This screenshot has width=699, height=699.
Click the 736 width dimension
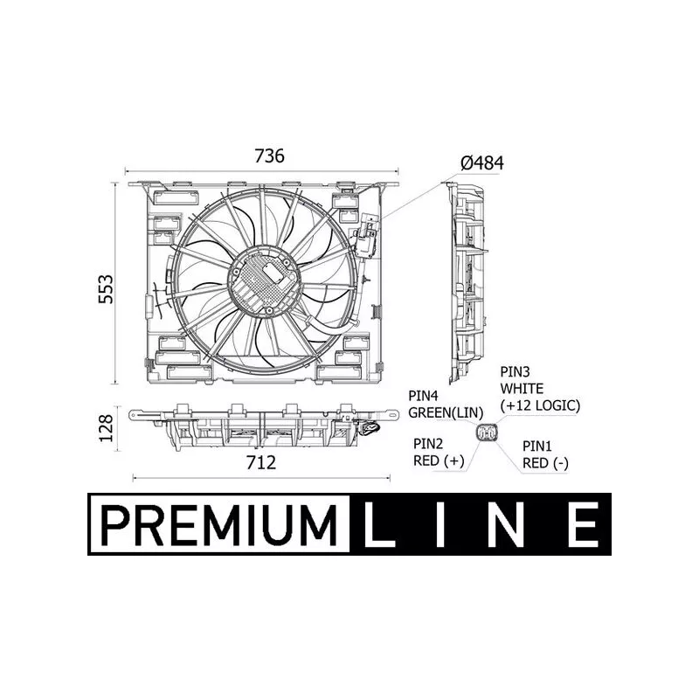click(269, 156)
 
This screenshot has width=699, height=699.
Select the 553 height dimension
click(106, 289)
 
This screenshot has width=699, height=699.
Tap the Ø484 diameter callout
click(482, 163)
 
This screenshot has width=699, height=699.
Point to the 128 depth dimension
click(106, 428)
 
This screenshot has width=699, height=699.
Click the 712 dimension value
click(261, 462)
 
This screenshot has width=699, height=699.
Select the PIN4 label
click(423, 396)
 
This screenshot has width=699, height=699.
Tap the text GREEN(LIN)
click(446, 412)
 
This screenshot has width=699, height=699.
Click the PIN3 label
click(515, 371)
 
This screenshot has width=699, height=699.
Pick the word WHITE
click(522, 389)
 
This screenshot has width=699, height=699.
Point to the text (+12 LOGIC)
click(540, 405)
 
